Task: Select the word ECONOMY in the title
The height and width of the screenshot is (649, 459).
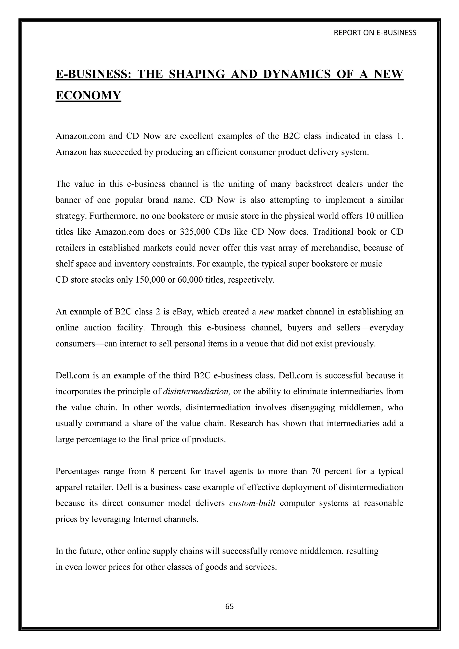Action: [88, 95]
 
